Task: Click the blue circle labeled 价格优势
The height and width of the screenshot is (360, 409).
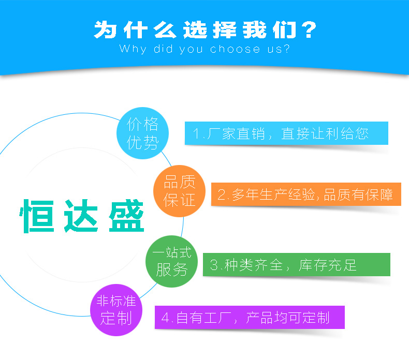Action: [x=142, y=133]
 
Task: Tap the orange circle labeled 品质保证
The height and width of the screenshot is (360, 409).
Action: [x=179, y=191]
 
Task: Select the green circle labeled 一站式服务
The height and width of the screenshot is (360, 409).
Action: [x=170, y=261]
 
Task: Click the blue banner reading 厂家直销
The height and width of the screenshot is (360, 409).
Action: [x=286, y=133]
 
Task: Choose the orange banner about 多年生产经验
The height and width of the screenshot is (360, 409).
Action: [x=306, y=194]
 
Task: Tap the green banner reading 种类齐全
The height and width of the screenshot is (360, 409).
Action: [x=296, y=265]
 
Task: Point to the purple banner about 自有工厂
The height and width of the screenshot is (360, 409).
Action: [x=250, y=317]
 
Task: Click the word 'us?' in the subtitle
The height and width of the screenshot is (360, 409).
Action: [x=277, y=50]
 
